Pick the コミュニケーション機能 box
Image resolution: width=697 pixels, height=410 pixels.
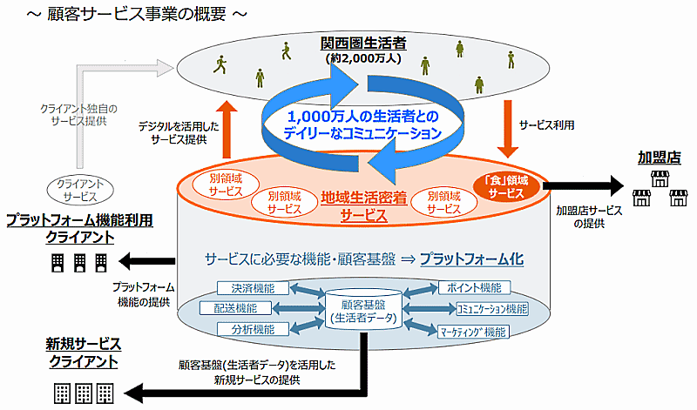[491, 308]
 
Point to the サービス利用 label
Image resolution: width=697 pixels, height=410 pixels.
[546, 126]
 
